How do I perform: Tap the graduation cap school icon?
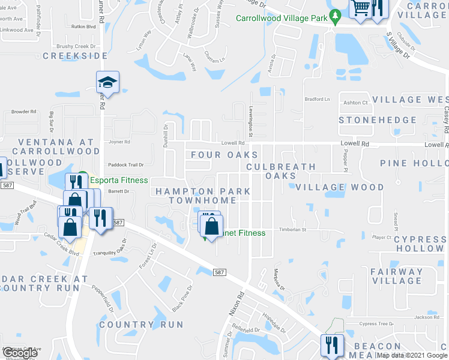[x=107, y=82]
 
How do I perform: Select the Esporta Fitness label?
[x=119, y=180]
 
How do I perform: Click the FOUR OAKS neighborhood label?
[x=224, y=155]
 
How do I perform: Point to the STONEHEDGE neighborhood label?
[x=378, y=120]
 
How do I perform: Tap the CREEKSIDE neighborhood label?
[x=75, y=56]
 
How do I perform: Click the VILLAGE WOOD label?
[x=339, y=187]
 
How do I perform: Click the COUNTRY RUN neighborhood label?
[x=141, y=325]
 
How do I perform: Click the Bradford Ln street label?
[x=318, y=99]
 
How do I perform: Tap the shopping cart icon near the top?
[x=360, y=8]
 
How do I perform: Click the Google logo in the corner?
[x=20, y=353]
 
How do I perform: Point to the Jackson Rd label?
[x=427, y=317]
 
